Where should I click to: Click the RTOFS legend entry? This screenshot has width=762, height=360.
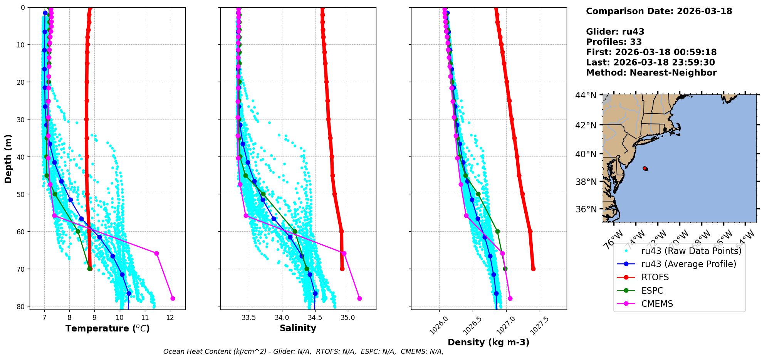tap(655, 278)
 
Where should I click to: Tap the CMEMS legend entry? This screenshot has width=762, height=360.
tap(657, 304)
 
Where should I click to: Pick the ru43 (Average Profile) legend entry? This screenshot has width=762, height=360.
tap(688, 264)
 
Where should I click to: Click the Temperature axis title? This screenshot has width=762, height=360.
tap(107, 329)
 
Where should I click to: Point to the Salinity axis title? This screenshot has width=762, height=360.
tap(298, 328)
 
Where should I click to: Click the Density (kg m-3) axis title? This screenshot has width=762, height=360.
tap(488, 342)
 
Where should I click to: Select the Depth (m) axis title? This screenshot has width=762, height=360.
tap(8, 158)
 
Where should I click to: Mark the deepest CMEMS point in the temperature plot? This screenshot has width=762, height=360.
tap(173, 298)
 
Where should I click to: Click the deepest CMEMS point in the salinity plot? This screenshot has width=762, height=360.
tap(359, 298)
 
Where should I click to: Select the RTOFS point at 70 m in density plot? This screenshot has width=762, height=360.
tap(533, 269)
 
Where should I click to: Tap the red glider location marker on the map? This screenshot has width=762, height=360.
tap(645, 168)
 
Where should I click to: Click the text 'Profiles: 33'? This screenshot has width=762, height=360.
tap(614, 42)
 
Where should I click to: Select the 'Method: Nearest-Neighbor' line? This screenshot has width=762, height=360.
tap(651, 73)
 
